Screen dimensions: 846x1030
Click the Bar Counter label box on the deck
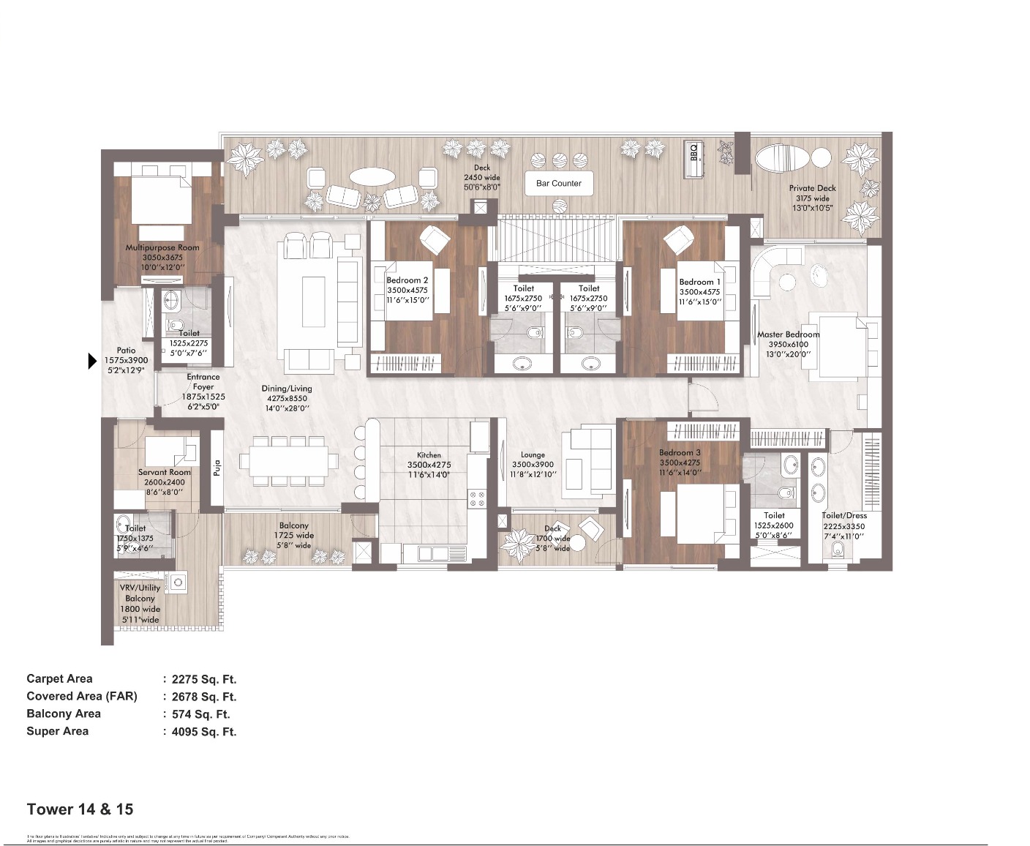click(x=558, y=184)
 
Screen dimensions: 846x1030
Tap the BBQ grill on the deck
click(x=693, y=159)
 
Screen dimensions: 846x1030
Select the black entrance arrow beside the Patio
click(x=92, y=361)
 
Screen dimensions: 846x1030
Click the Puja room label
click(x=217, y=468)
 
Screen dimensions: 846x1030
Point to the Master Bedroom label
click(x=788, y=334)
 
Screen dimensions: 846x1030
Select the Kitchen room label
click(x=429, y=455)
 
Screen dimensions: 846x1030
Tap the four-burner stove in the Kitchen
click(x=477, y=499)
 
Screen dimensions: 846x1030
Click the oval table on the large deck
click(x=373, y=177)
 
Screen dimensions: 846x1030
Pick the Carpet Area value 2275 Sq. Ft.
click(x=204, y=679)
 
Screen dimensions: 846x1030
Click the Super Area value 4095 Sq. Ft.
click(x=204, y=732)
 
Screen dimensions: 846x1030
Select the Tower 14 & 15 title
click(x=80, y=809)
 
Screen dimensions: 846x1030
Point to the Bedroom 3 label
click(x=679, y=453)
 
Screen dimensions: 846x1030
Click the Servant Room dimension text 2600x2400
click(x=164, y=482)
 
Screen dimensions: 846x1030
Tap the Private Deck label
click(x=812, y=188)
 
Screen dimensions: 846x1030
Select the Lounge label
click(x=533, y=454)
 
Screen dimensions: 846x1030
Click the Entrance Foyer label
click(x=203, y=382)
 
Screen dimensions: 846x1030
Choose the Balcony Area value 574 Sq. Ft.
click(x=200, y=714)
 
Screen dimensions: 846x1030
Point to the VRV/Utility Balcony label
click(x=140, y=593)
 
